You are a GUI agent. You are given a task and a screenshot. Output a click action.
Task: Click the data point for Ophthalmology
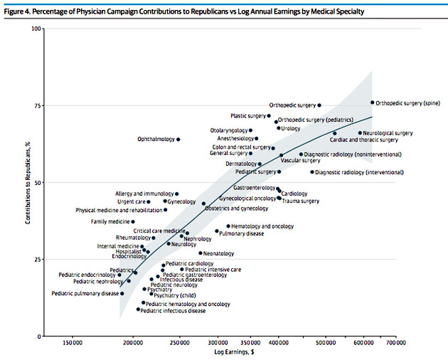[x=178, y=139]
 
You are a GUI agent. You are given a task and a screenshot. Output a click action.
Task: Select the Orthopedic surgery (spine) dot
[x=372, y=102]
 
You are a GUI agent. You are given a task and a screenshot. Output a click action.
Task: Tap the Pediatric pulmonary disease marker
[x=122, y=293]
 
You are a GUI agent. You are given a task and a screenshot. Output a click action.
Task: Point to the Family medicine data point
[x=132, y=222]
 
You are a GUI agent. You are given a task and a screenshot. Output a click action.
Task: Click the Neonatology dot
[x=201, y=253]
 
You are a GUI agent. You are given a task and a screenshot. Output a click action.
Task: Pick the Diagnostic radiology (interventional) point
[x=312, y=172]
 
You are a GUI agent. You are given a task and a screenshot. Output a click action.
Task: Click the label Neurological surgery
[x=388, y=133]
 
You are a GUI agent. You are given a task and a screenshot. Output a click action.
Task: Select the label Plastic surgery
[x=248, y=116]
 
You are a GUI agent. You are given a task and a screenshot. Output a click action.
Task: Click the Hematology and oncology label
[x=262, y=226]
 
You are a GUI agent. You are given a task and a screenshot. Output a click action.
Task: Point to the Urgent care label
[x=131, y=202]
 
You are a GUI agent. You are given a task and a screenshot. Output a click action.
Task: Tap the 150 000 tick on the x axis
[x=71, y=344]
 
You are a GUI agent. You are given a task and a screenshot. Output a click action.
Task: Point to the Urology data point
[x=279, y=128]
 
